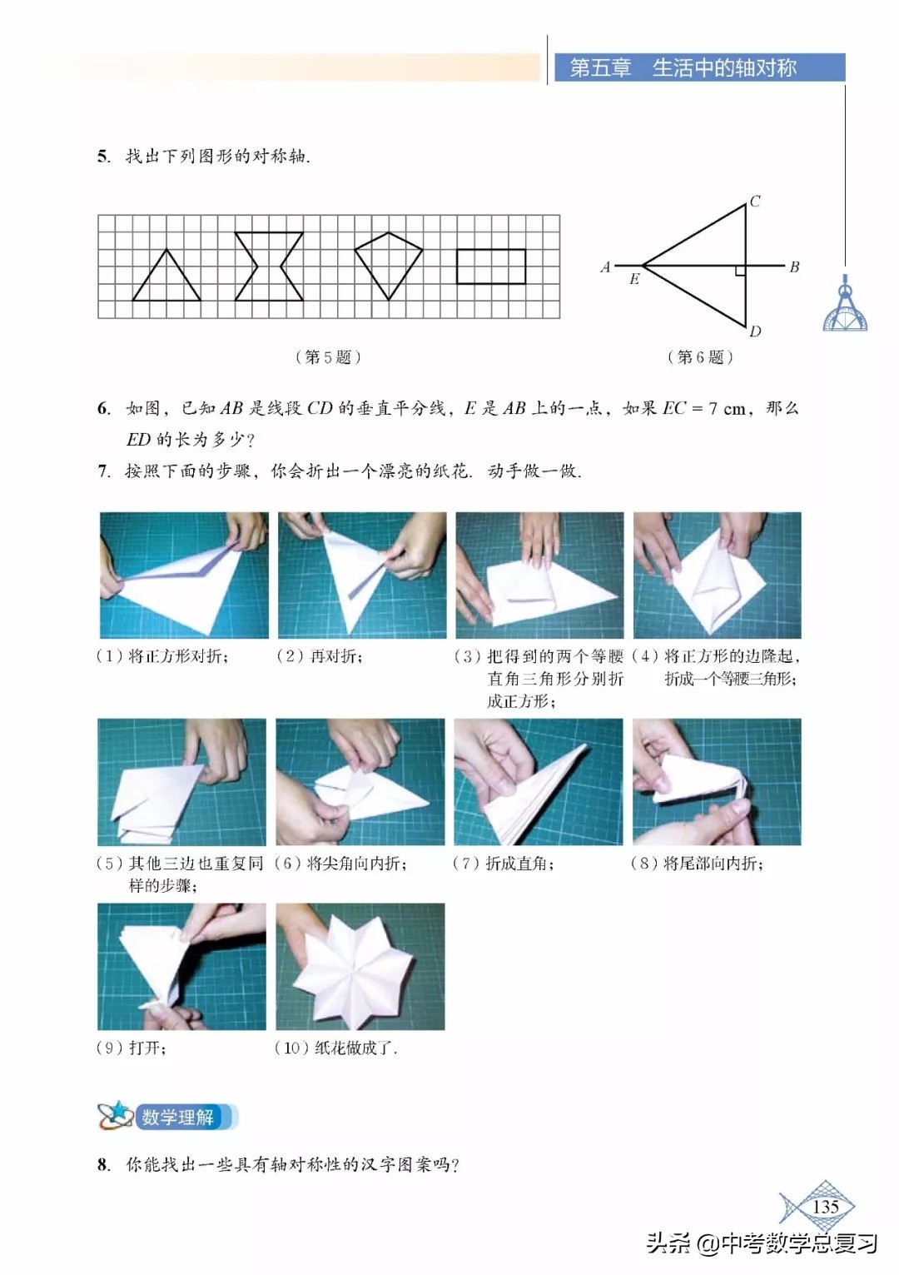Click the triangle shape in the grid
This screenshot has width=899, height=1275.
tap(166, 279)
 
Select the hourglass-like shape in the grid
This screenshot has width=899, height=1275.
tap(269, 266)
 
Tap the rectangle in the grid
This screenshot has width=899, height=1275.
tap(491, 266)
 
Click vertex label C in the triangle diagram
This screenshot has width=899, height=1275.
tap(754, 202)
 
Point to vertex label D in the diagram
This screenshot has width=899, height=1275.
tap(754, 331)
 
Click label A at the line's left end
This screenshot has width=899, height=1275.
tap(605, 267)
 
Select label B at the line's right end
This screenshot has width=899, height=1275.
tap(794, 267)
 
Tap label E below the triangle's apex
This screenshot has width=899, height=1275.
tap(634, 280)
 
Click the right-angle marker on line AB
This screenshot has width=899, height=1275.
tap(740, 271)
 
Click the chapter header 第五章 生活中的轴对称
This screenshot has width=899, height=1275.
tap(683, 68)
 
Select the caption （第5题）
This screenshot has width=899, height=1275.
tap(328, 357)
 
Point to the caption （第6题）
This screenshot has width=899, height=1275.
tap(700, 357)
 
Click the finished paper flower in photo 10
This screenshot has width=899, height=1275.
tap(361, 966)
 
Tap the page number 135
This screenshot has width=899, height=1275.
tap(824, 1207)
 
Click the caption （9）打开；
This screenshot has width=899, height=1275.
tap(132, 1048)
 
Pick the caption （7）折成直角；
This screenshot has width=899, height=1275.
tap(503, 864)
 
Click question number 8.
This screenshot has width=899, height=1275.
tap(102, 1164)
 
